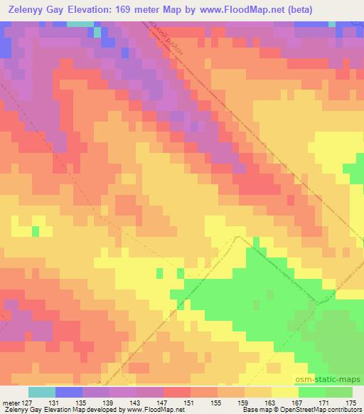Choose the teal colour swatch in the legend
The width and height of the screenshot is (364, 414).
coord(42,392)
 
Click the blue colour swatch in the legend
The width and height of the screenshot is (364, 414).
coord(69,392)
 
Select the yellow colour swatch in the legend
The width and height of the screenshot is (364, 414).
coord(285,392)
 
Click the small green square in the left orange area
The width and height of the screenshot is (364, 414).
coord(35,231)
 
